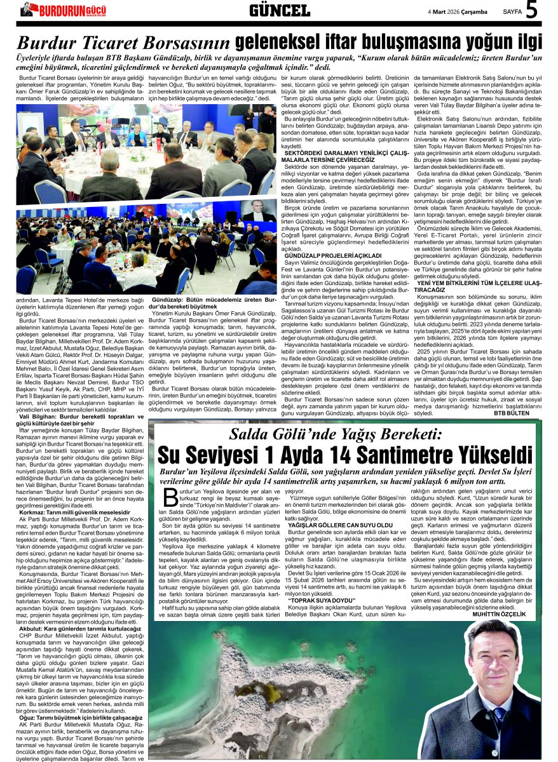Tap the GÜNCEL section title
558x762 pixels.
(279, 10)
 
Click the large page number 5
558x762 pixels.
(531, 10)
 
